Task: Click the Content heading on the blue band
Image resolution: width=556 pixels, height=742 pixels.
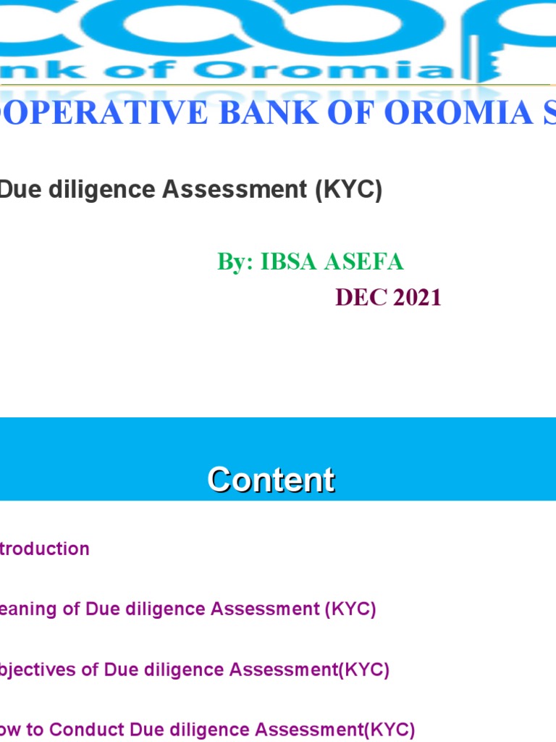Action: tap(271, 480)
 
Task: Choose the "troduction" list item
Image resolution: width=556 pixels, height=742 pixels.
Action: tap(45, 549)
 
